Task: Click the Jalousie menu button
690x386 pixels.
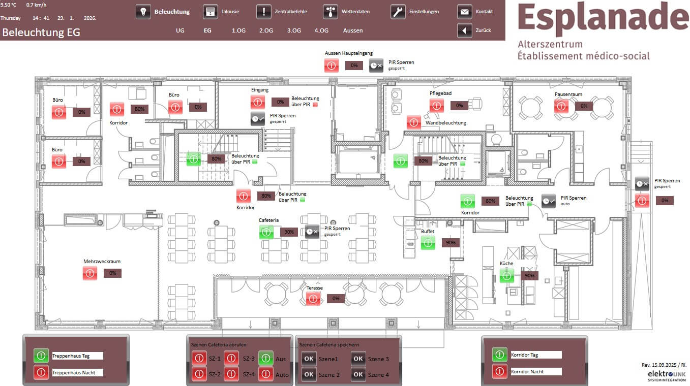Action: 210,12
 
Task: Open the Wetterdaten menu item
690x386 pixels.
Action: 330,12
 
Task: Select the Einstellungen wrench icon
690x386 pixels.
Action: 398,12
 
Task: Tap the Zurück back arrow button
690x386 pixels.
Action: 465,30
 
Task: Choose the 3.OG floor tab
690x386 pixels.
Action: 294,30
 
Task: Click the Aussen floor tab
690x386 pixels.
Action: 353,30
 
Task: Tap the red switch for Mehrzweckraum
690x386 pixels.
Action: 90,273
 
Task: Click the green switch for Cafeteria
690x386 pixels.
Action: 266,232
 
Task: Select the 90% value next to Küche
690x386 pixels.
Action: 529,276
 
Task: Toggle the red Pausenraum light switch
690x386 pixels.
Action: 561,106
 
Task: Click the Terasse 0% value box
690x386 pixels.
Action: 336,299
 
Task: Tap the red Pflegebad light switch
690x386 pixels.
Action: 436,106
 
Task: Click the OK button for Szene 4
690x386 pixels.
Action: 358,374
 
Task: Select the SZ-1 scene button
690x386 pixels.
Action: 199,358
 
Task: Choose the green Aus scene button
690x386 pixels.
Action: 265,358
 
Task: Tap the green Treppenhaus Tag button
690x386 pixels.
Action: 41,356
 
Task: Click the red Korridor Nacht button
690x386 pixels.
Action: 499,372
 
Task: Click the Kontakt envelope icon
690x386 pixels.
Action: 464,12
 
